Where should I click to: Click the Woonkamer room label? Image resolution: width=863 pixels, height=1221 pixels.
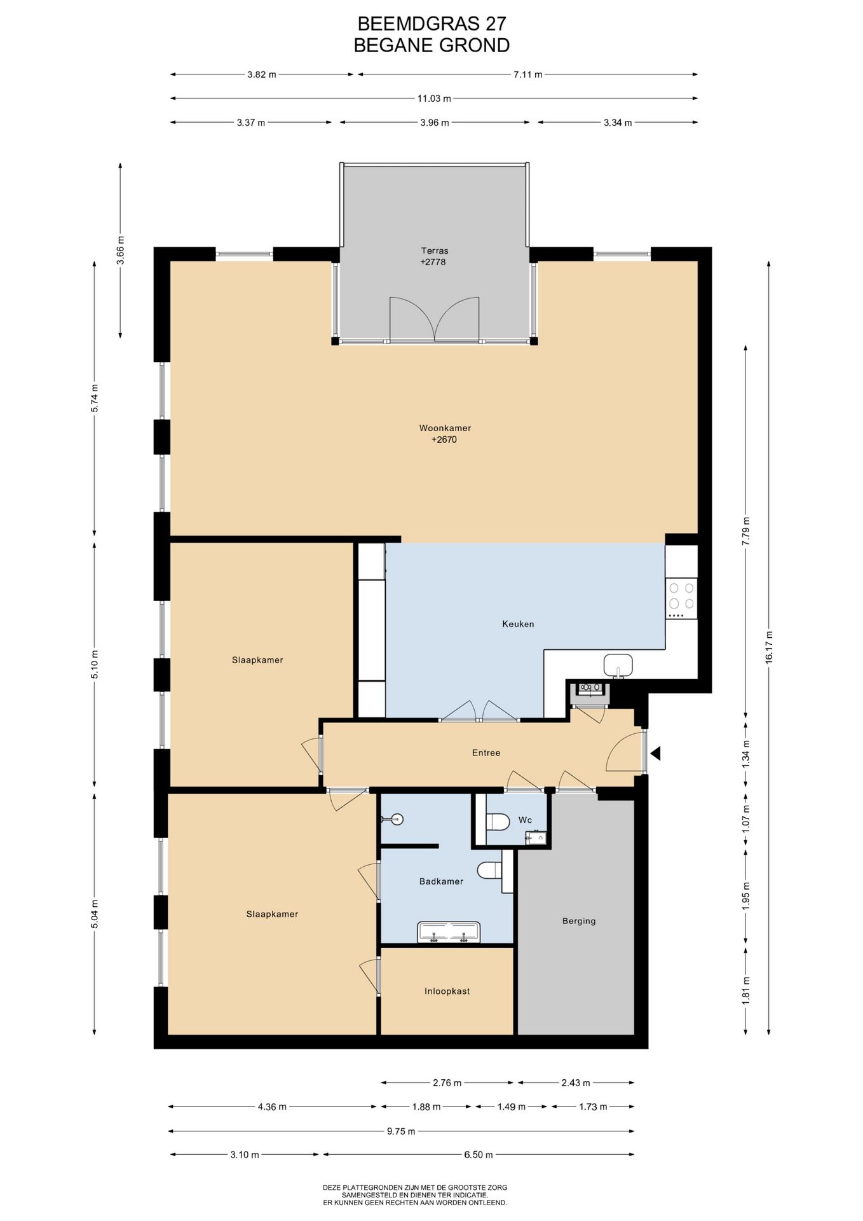(445, 428)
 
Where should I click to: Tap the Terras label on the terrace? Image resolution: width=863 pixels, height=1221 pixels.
(435, 251)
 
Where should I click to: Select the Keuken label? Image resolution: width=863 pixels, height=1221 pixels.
(518, 624)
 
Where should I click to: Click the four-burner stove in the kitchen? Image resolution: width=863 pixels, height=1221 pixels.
(681, 598)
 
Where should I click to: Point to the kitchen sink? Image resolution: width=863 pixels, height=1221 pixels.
(618, 665)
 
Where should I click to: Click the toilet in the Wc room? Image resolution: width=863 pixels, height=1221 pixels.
(498, 822)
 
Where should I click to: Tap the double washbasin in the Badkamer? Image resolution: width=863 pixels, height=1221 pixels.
(449, 932)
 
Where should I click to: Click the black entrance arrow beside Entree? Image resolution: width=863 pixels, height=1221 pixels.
(655, 754)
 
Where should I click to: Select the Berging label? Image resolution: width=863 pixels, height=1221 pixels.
(579, 921)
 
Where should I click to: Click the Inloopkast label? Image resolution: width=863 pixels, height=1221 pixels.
(447, 991)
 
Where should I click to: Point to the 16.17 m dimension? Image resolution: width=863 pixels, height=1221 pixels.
(769, 647)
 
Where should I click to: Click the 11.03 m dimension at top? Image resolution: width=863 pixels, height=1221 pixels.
(434, 99)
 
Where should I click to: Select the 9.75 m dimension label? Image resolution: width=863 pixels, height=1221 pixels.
(401, 1131)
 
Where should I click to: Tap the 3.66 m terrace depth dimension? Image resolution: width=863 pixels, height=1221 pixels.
(121, 250)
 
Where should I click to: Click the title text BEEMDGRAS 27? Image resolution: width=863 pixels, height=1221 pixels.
(432, 24)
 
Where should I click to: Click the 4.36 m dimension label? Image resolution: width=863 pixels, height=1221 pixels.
(272, 1107)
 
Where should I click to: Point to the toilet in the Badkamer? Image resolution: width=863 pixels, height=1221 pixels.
(489, 871)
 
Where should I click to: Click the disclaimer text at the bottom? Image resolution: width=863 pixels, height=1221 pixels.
(415, 1195)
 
